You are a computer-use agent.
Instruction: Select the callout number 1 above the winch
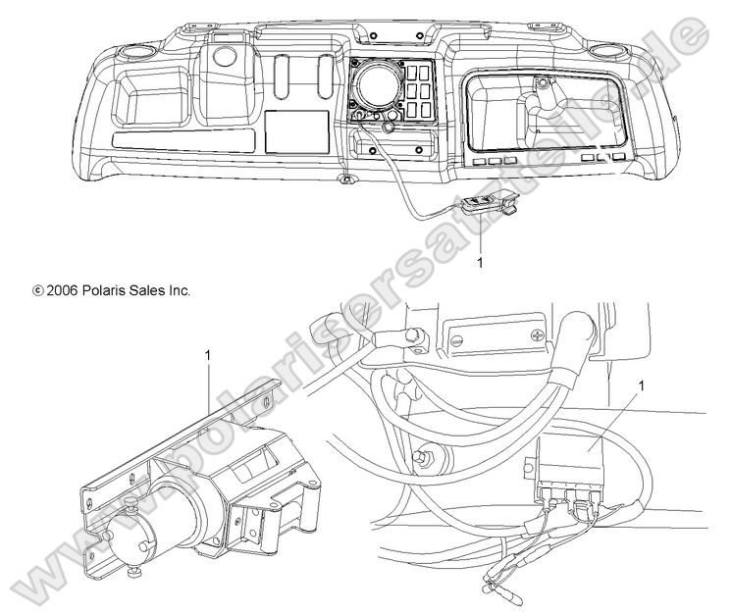tap(208, 351)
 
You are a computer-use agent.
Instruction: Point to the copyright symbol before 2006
tap(38, 291)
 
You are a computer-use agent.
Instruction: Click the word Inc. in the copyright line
tap(177, 290)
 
